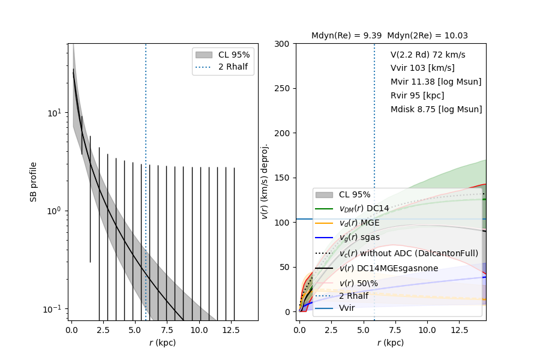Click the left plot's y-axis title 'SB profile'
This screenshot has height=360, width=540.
pyautogui.click(x=34, y=181)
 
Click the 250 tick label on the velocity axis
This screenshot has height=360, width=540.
pyautogui.click(x=283, y=88)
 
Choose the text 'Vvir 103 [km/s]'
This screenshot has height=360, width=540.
pyautogui.click(x=422, y=68)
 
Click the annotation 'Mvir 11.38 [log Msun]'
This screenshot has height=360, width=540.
pyautogui.click(x=436, y=82)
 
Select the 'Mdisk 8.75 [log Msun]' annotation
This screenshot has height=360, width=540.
pyautogui.click(x=436, y=109)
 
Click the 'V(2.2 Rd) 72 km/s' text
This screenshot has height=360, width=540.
pyautogui.click(x=428, y=55)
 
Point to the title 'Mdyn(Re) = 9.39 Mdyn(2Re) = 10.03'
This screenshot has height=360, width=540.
pyautogui.click(x=389, y=36)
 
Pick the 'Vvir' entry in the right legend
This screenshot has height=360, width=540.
pyautogui.click(x=347, y=308)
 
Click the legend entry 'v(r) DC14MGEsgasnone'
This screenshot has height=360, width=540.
pyautogui.click(x=388, y=268)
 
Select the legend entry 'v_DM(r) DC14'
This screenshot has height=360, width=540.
pyautogui.click(x=364, y=208)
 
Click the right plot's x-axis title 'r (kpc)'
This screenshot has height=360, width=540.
pyautogui.click(x=390, y=343)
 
